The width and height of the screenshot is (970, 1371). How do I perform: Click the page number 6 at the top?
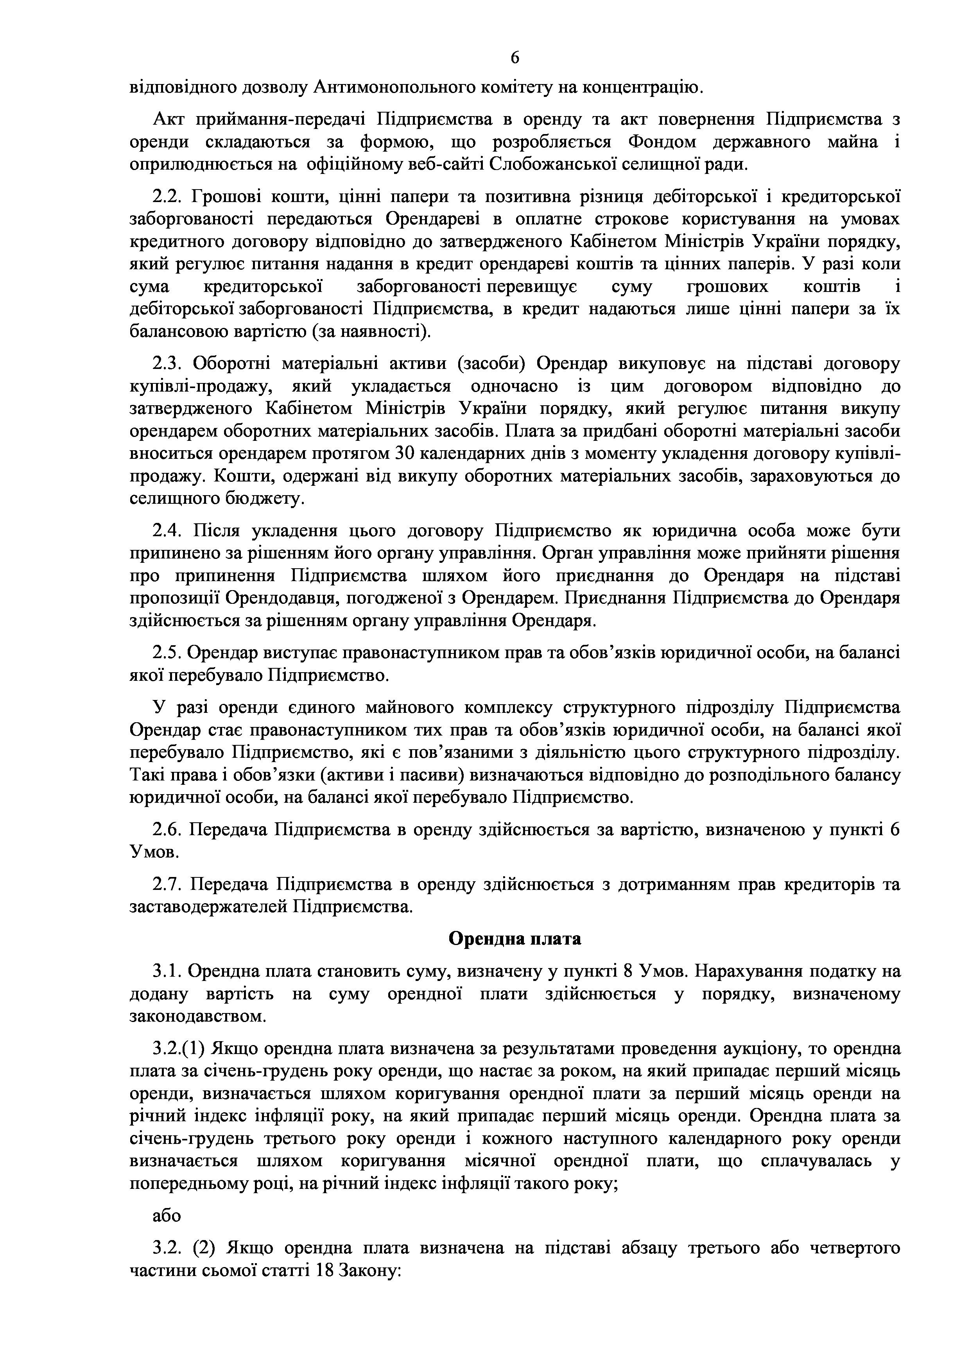coord(515,57)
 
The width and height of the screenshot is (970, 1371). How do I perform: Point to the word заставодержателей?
coord(209,907)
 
